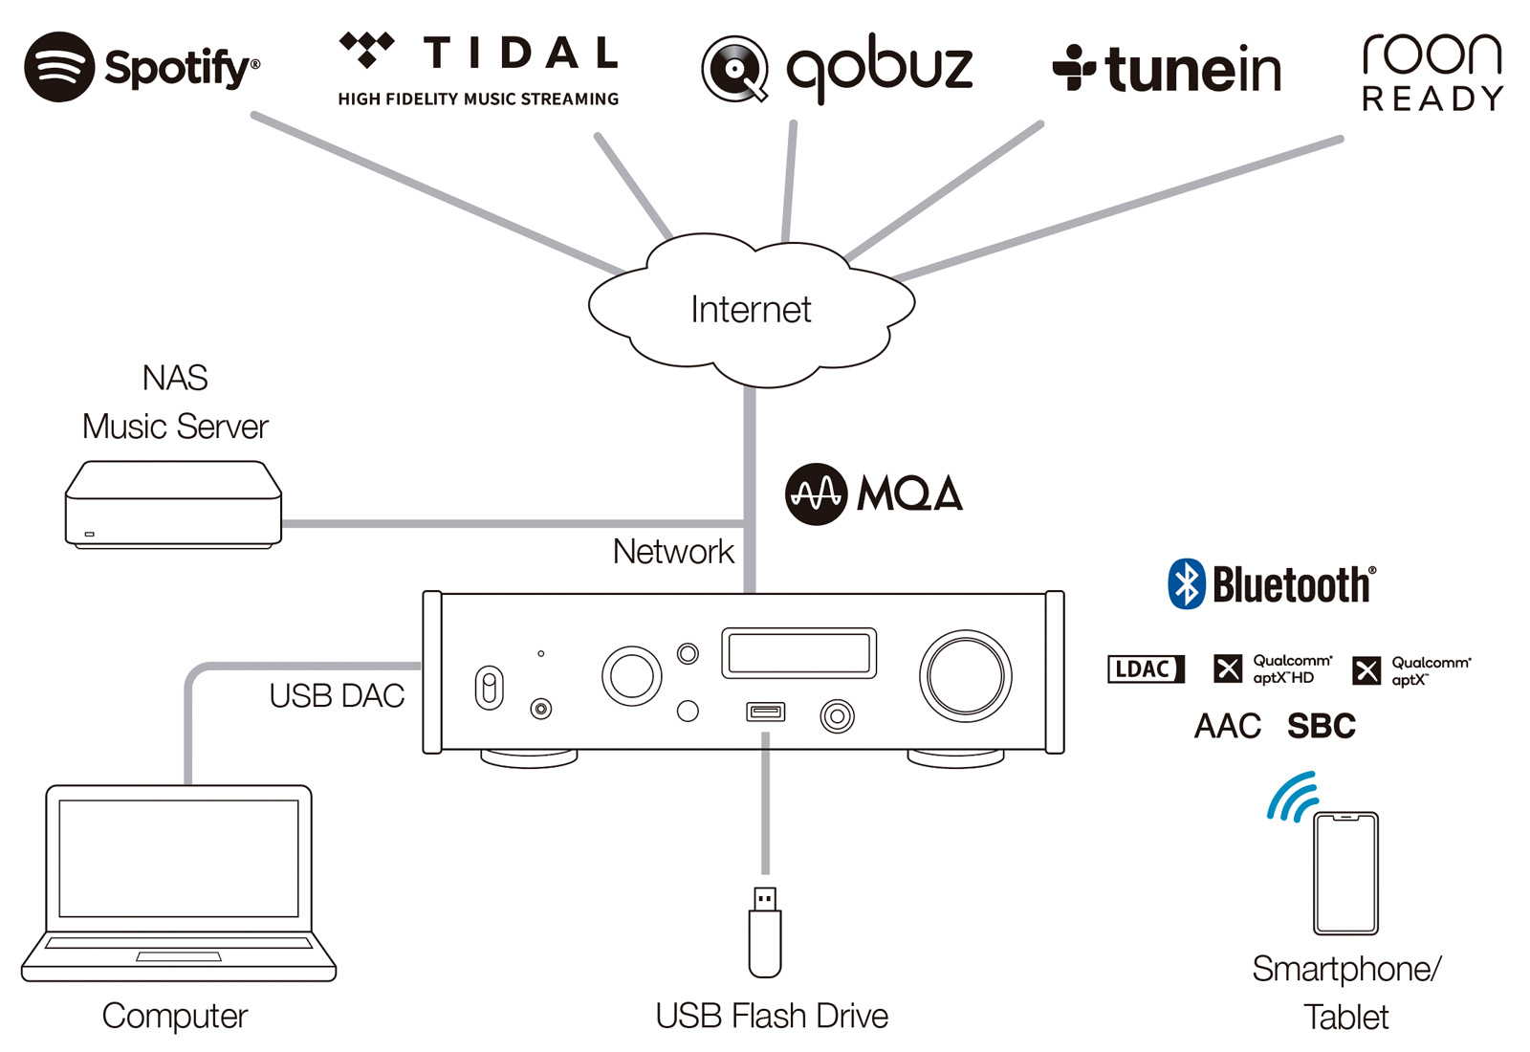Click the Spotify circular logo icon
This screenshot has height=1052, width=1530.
pos(59,67)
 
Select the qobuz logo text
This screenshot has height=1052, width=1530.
pos(879,67)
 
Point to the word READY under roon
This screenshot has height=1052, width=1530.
pos(1432,99)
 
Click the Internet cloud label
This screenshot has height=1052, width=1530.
pos(751,310)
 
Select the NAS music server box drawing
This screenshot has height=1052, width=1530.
pos(173,505)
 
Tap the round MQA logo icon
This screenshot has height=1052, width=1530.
pos(816,494)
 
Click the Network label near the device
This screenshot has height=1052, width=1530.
pos(673,552)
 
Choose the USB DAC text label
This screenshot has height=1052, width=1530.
pos(337,695)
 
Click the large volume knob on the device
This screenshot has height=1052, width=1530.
pos(965,675)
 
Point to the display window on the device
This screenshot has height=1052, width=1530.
pos(798,653)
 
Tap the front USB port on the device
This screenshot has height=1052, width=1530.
pos(765,712)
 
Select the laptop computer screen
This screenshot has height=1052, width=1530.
pos(179,858)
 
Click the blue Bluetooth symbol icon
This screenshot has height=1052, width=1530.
pos(1186,584)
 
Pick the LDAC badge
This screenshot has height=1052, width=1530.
pos(1145,668)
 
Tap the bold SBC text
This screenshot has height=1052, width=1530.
pos(1321,727)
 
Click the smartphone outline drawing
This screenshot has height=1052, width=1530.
pos(1344,873)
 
